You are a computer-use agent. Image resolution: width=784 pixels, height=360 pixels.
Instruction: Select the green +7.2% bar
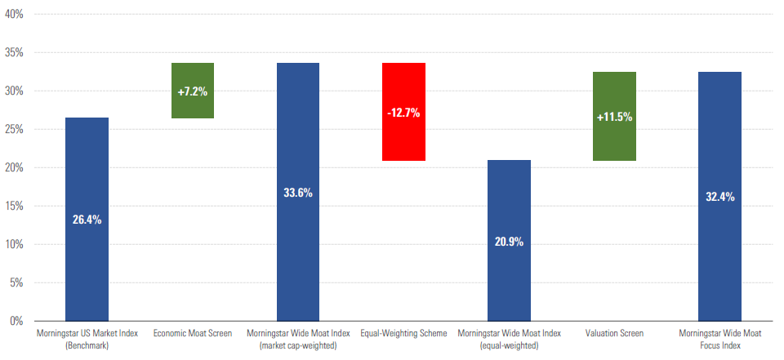tap(193, 91)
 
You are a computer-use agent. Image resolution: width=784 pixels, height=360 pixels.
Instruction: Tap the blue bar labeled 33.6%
tap(298, 192)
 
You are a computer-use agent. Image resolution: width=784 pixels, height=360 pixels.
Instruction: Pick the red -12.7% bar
tap(403, 112)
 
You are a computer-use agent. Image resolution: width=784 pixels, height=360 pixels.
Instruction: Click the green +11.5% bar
tap(614, 116)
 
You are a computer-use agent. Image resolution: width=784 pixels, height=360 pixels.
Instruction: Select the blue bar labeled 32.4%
tap(719, 196)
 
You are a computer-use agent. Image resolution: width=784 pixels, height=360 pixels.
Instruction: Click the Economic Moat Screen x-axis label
tap(193, 333)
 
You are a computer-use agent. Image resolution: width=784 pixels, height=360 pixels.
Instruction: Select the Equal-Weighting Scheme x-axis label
tap(403, 333)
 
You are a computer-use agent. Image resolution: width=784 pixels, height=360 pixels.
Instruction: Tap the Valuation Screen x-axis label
tap(614, 333)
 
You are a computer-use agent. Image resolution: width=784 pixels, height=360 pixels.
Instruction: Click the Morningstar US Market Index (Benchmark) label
tap(87, 339)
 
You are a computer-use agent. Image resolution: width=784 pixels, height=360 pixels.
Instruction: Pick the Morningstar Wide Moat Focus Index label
tap(719, 339)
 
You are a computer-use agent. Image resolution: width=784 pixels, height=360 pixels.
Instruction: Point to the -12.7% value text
tap(403, 113)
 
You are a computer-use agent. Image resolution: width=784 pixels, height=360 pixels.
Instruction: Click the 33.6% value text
tap(298, 193)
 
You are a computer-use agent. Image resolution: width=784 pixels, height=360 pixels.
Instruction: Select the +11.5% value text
tap(614, 117)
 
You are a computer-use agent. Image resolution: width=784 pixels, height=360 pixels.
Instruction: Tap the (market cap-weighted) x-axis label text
tap(298, 345)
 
